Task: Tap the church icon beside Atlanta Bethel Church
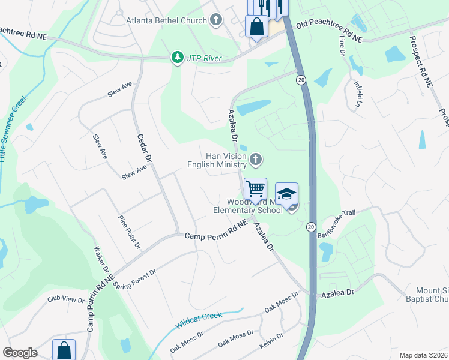pyautogui.click(x=216, y=20)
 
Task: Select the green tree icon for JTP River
pyautogui.click(x=177, y=58)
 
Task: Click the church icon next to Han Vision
pyautogui.click(x=256, y=160)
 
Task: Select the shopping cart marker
pyautogui.click(x=256, y=188)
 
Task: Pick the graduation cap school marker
pyautogui.click(x=287, y=193)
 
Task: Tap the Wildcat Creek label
pyautogui.click(x=199, y=320)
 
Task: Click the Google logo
pyautogui.click(x=20, y=353)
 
